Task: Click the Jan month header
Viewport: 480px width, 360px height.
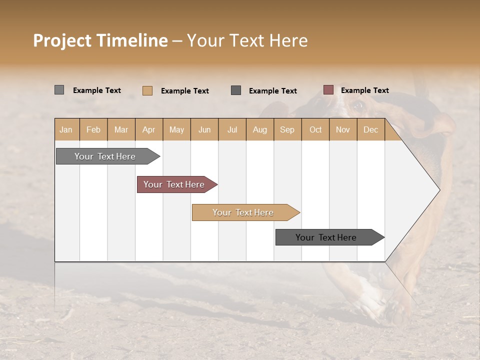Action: click(66, 130)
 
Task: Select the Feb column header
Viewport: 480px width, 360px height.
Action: click(93, 130)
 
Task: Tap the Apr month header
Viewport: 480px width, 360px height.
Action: click(149, 130)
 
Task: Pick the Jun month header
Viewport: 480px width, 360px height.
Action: click(204, 130)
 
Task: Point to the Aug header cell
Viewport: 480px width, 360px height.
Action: click(260, 130)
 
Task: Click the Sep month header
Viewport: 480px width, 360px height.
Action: click(287, 130)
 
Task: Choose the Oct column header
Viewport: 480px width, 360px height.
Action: click(315, 130)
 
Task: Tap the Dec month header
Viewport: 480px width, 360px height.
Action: click(371, 130)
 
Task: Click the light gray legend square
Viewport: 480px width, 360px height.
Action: click(59, 90)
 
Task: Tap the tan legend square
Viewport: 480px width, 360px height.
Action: click(147, 90)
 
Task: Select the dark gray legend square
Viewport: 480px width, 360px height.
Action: click(236, 90)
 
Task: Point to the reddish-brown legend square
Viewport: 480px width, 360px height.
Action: click(328, 90)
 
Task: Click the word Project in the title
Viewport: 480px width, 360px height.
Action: click(62, 40)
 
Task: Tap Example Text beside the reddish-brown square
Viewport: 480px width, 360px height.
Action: click(364, 90)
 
